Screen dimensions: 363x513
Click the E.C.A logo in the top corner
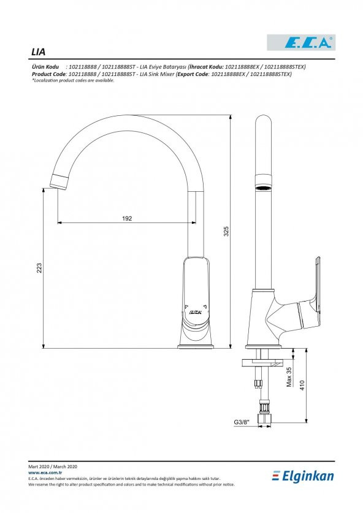(301, 42)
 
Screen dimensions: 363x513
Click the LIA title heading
(38, 51)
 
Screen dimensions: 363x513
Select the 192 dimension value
(127, 218)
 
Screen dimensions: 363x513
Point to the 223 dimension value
(39, 268)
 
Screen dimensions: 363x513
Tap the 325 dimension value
(226, 231)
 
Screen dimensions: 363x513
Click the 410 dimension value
(302, 386)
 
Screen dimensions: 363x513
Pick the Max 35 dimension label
(289, 377)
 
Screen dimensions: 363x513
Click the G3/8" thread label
(242, 422)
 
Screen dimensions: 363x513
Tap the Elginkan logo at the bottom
(303, 476)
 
